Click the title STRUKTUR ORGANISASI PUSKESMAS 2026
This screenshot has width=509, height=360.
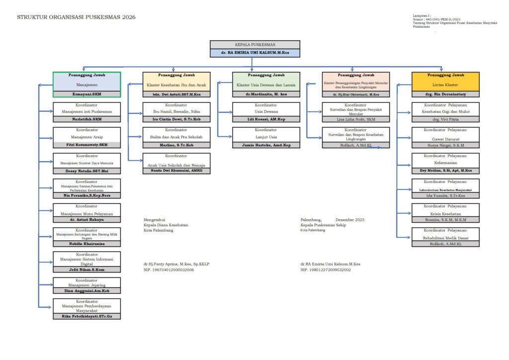tap(76, 17)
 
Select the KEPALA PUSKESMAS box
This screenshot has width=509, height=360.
tap(254, 45)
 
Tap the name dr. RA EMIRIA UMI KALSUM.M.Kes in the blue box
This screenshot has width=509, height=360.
tap(254, 52)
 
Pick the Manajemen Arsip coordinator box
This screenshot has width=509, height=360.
tap(86, 134)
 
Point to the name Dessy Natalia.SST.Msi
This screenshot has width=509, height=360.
tap(86, 170)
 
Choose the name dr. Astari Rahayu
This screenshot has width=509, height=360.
tap(86, 219)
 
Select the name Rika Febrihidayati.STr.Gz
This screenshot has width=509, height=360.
tap(86, 316)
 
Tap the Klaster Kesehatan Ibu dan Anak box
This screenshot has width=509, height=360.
tap(176, 82)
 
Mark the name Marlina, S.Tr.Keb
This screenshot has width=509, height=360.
tap(176, 145)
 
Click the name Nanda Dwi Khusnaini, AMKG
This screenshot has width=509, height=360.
tap(176, 170)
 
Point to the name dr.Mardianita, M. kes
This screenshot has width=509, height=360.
tap(266, 94)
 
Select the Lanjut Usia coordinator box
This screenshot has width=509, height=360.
tap(266, 134)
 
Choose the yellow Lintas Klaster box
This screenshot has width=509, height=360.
tap(445, 82)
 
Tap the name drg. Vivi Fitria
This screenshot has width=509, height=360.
tap(445, 119)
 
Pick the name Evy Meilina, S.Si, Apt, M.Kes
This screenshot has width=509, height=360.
tap(445, 170)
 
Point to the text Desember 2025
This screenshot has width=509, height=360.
tap(350, 219)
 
